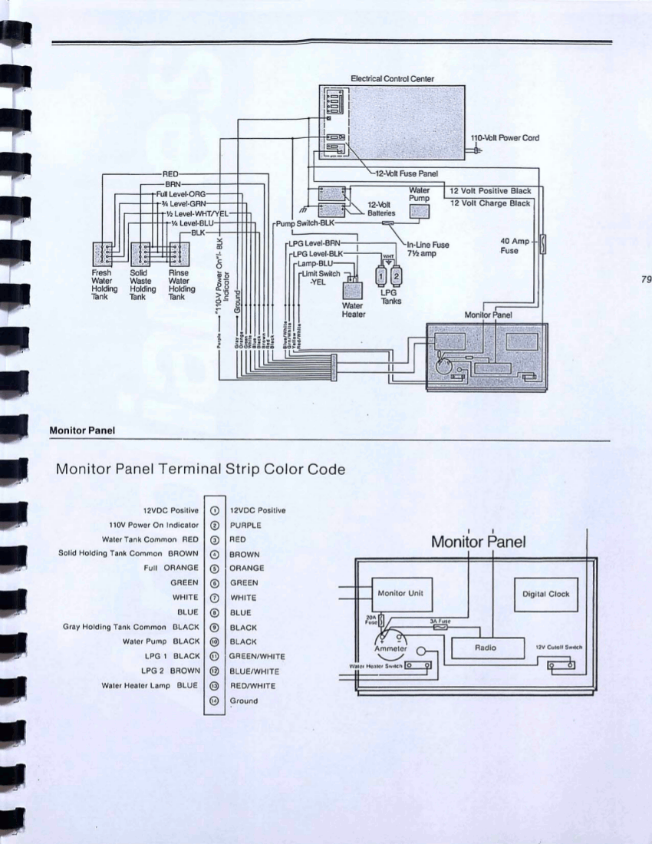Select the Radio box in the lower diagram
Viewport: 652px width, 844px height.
[x=486, y=648]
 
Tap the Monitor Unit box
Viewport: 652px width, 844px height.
[x=403, y=594]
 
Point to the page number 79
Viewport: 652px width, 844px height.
[x=644, y=279]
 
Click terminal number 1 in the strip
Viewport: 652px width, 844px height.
[x=215, y=510]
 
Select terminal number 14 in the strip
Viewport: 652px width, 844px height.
[x=215, y=701]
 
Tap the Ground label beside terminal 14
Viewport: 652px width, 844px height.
[x=244, y=701]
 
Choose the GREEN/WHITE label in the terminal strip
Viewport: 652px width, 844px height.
[x=257, y=657]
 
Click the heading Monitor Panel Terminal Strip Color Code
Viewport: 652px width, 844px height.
[x=199, y=470]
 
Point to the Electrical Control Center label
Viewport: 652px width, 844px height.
[x=392, y=78]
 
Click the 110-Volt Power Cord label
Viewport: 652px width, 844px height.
[x=505, y=138]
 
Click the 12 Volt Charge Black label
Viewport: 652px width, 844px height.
[x=490, y=203]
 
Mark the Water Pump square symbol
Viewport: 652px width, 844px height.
[x=421, y=212]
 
